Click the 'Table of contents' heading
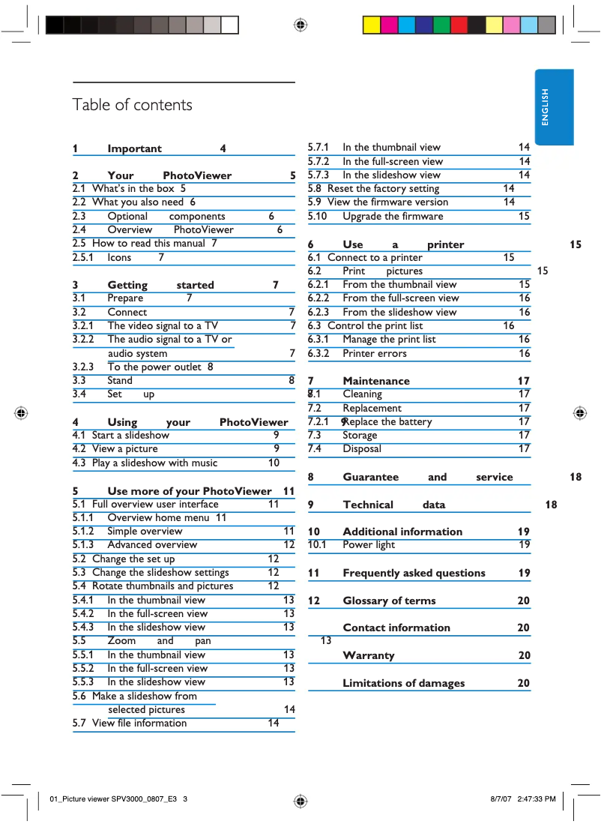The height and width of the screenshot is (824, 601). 132,105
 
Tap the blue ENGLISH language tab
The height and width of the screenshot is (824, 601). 554,107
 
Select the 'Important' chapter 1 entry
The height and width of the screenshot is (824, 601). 134,148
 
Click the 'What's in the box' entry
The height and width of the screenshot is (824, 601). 133,188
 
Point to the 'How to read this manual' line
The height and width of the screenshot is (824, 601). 148,243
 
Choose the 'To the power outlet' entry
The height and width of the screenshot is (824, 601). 154,367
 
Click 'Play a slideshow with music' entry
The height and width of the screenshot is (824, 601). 154,463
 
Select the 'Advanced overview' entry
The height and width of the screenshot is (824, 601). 152,544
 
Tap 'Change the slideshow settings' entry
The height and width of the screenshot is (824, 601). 160,572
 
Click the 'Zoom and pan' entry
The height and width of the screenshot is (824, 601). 159,640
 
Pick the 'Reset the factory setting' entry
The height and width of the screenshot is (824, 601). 383,188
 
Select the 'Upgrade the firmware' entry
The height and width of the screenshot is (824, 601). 393,216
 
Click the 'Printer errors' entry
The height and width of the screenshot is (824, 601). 375,353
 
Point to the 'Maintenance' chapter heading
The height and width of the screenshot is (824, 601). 376,381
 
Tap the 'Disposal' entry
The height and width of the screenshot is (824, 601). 362,448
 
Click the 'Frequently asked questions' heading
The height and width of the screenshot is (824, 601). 414,573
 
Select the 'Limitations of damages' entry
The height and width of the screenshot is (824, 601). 403,682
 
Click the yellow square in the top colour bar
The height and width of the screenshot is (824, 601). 372,25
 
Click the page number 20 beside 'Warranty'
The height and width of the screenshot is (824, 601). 524,655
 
